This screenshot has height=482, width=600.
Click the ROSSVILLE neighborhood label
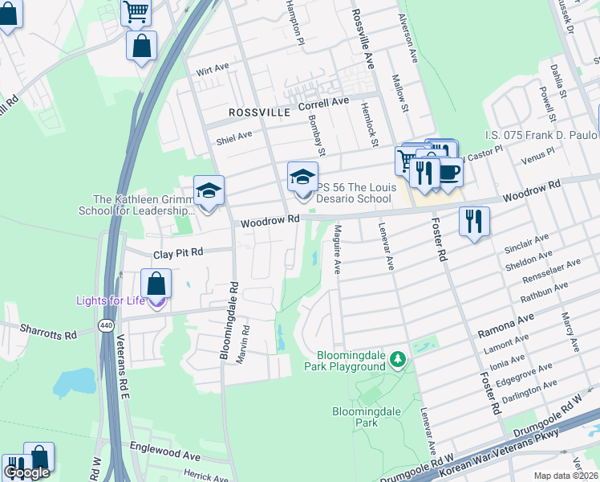(258, 113)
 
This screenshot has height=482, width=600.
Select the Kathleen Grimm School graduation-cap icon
(209, 192)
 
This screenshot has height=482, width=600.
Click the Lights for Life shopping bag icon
(156, 284)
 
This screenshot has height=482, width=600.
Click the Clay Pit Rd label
(178, 251)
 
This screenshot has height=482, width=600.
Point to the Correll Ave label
(323, 104)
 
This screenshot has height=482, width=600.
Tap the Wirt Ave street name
(213, 71)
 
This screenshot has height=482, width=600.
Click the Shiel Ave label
(233, 137)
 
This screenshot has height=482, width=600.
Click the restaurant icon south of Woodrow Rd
(474, 221)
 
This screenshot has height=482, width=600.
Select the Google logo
(26, 472)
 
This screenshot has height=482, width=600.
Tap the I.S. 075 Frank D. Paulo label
(541, 135)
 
